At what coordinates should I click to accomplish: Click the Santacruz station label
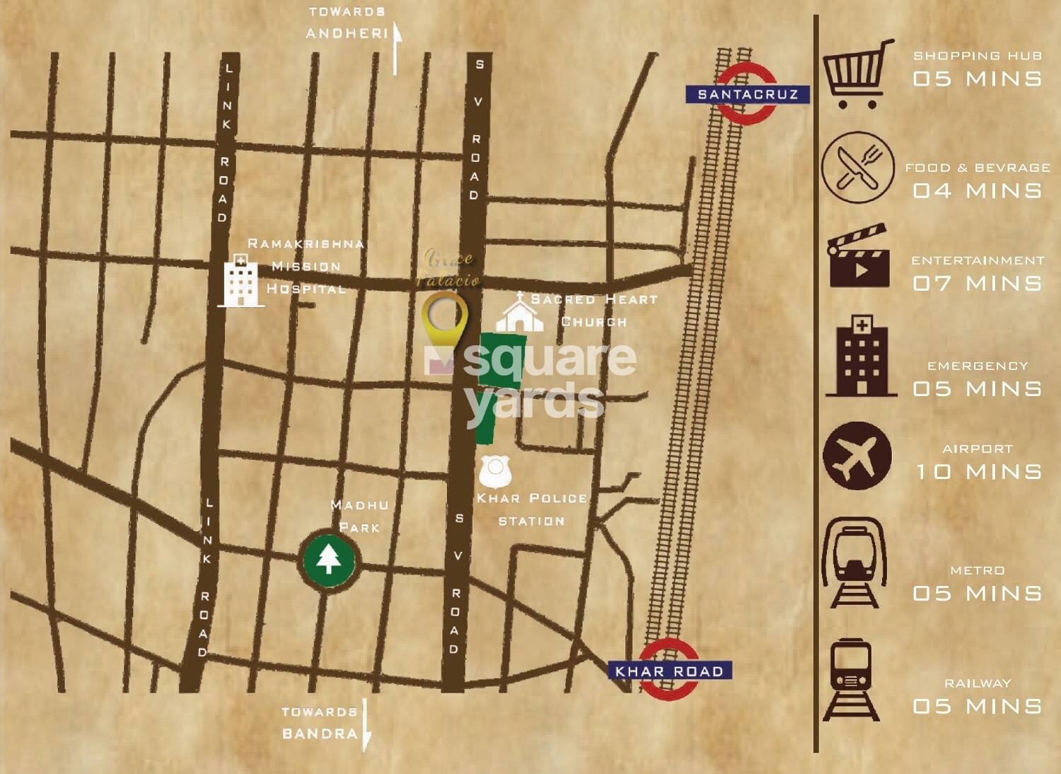(x=747, y=94)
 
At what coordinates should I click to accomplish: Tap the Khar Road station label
(x=669, y=671)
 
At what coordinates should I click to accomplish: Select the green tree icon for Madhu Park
(x=329, y=560)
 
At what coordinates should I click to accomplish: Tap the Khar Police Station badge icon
(x=495, y=470)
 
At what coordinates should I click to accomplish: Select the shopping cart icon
(x=856, y=74)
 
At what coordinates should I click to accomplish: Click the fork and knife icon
(x=857, y=168)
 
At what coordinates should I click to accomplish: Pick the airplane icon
(x=857, y=456)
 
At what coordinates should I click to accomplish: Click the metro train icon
(x=854, y=563)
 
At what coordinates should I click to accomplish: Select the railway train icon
(x=852, y=679)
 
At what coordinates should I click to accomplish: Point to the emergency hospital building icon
(x=861, y=356)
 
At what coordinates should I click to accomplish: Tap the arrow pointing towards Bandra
(x=366, y=724)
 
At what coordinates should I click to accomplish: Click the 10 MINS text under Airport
(x=978, y=471)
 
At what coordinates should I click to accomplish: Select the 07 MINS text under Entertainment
(x=977, y=283)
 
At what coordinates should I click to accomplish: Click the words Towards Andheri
(x=347, y=23)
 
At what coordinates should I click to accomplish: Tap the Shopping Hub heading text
(x=977, y=55)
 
